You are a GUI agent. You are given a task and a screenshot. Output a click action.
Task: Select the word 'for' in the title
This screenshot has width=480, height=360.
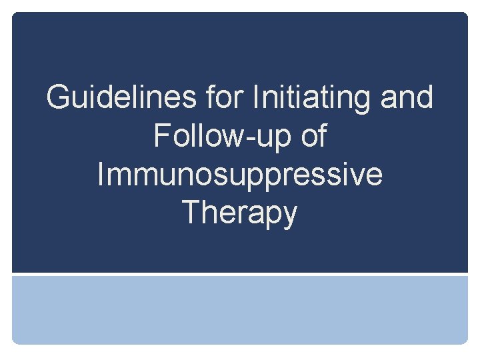tap(226, 98)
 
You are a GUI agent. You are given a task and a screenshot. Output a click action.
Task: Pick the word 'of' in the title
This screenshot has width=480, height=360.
tap(313, 137)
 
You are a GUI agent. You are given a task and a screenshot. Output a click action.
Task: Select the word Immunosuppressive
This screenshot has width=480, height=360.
tap(240, 175)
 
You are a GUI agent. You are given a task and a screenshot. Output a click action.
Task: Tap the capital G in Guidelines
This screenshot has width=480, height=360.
tap(58, 98)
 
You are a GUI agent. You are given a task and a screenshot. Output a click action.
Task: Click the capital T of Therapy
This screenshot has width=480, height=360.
tap(191, 213)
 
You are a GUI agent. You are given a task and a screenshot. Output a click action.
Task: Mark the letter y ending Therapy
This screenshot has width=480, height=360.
tap(289, 217)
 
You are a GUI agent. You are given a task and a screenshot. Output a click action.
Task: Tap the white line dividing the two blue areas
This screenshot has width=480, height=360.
tap(240, 273)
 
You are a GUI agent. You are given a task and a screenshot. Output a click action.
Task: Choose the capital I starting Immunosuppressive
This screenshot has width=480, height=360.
tap(101, 175)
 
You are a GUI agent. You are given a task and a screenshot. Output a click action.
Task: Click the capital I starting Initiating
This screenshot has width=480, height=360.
tap(257, 98)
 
